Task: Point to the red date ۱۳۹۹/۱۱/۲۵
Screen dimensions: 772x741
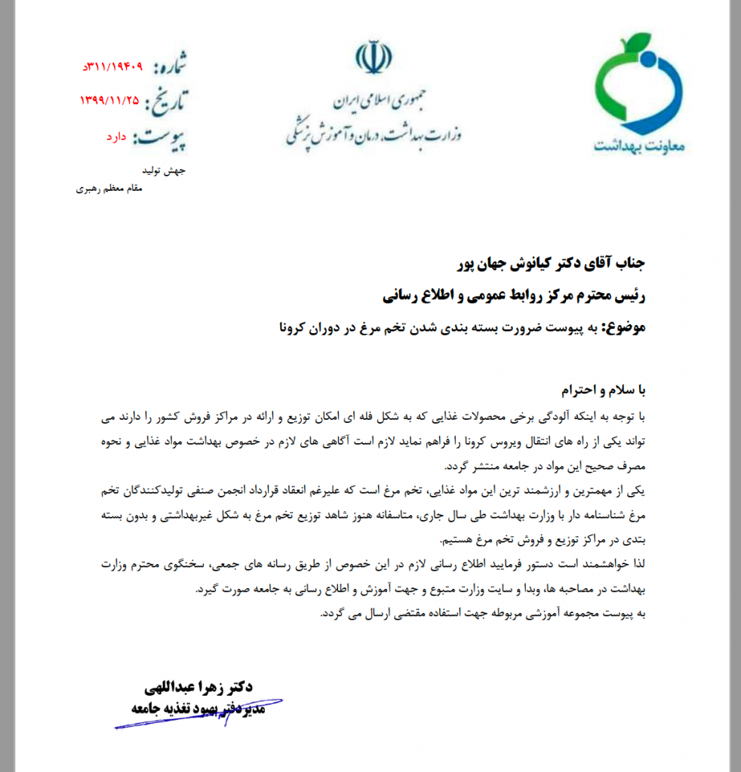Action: [110, 100]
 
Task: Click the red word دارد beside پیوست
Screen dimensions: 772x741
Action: [118, 137]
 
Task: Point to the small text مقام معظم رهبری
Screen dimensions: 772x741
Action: [109, 188]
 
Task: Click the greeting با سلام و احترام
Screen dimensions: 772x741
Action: [606, 391]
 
